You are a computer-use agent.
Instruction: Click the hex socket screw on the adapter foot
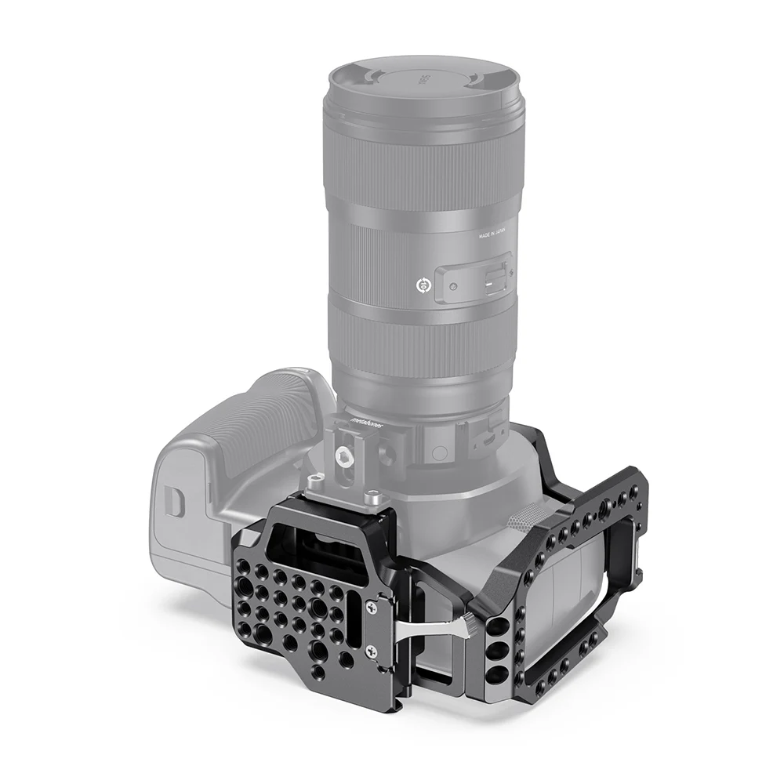pyautogui.click(x=344, y=454)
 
